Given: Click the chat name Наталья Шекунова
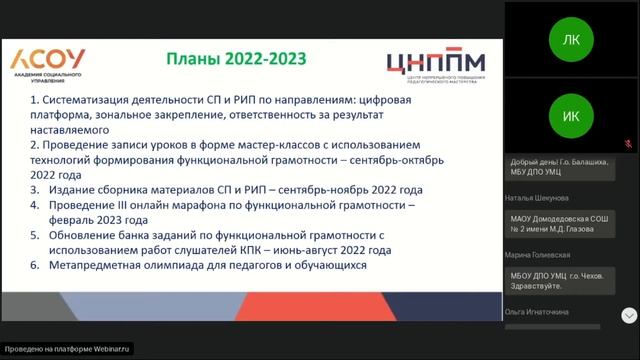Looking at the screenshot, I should [x=538, y=198].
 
